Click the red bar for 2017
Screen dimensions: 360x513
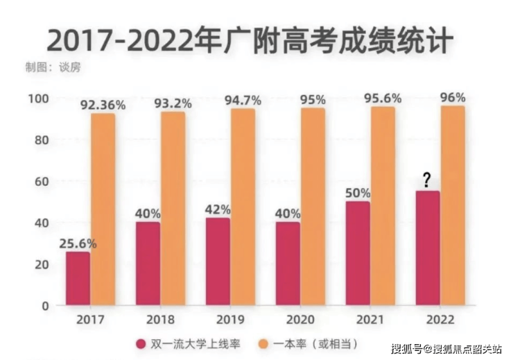pos(78,278)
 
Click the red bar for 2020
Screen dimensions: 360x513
pos(287,264)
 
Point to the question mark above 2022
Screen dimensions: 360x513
pos(427,181)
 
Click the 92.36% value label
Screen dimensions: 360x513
pos(103,105)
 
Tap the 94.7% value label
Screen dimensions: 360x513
pos(243,101)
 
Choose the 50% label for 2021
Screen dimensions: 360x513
pos(357,193)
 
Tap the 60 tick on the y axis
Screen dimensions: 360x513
pos(41,181)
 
